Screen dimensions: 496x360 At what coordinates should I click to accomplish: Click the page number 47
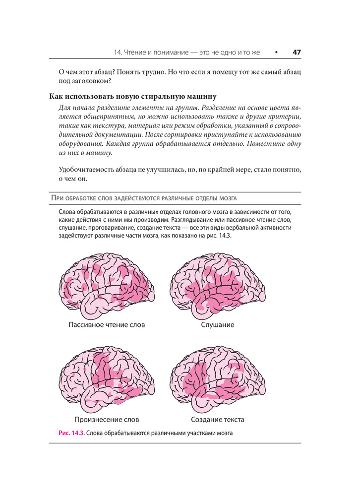pyautogui.click(x=297, y=52)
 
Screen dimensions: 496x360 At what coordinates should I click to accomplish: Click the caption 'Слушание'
pyautogui.click(x=218, y=325)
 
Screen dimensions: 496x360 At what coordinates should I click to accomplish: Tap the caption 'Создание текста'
pyautogui.click(x=218, y=420)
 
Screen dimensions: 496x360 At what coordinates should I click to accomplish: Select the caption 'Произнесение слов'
pyautogui.click(x=107, y=420)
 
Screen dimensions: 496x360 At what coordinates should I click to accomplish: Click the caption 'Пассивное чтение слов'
pyautogui.click(x=107, y=325)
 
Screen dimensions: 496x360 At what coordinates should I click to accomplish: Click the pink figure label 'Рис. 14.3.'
pyautogui.click(x=71, y=433)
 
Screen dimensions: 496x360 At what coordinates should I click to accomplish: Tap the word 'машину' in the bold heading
pyautogui.click(x=201, y=96)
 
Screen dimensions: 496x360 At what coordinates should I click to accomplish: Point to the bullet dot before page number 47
pyautogui.click(x=276, y=52)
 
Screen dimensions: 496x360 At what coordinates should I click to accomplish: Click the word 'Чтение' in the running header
pyautogui.click(x=136, y=52)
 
